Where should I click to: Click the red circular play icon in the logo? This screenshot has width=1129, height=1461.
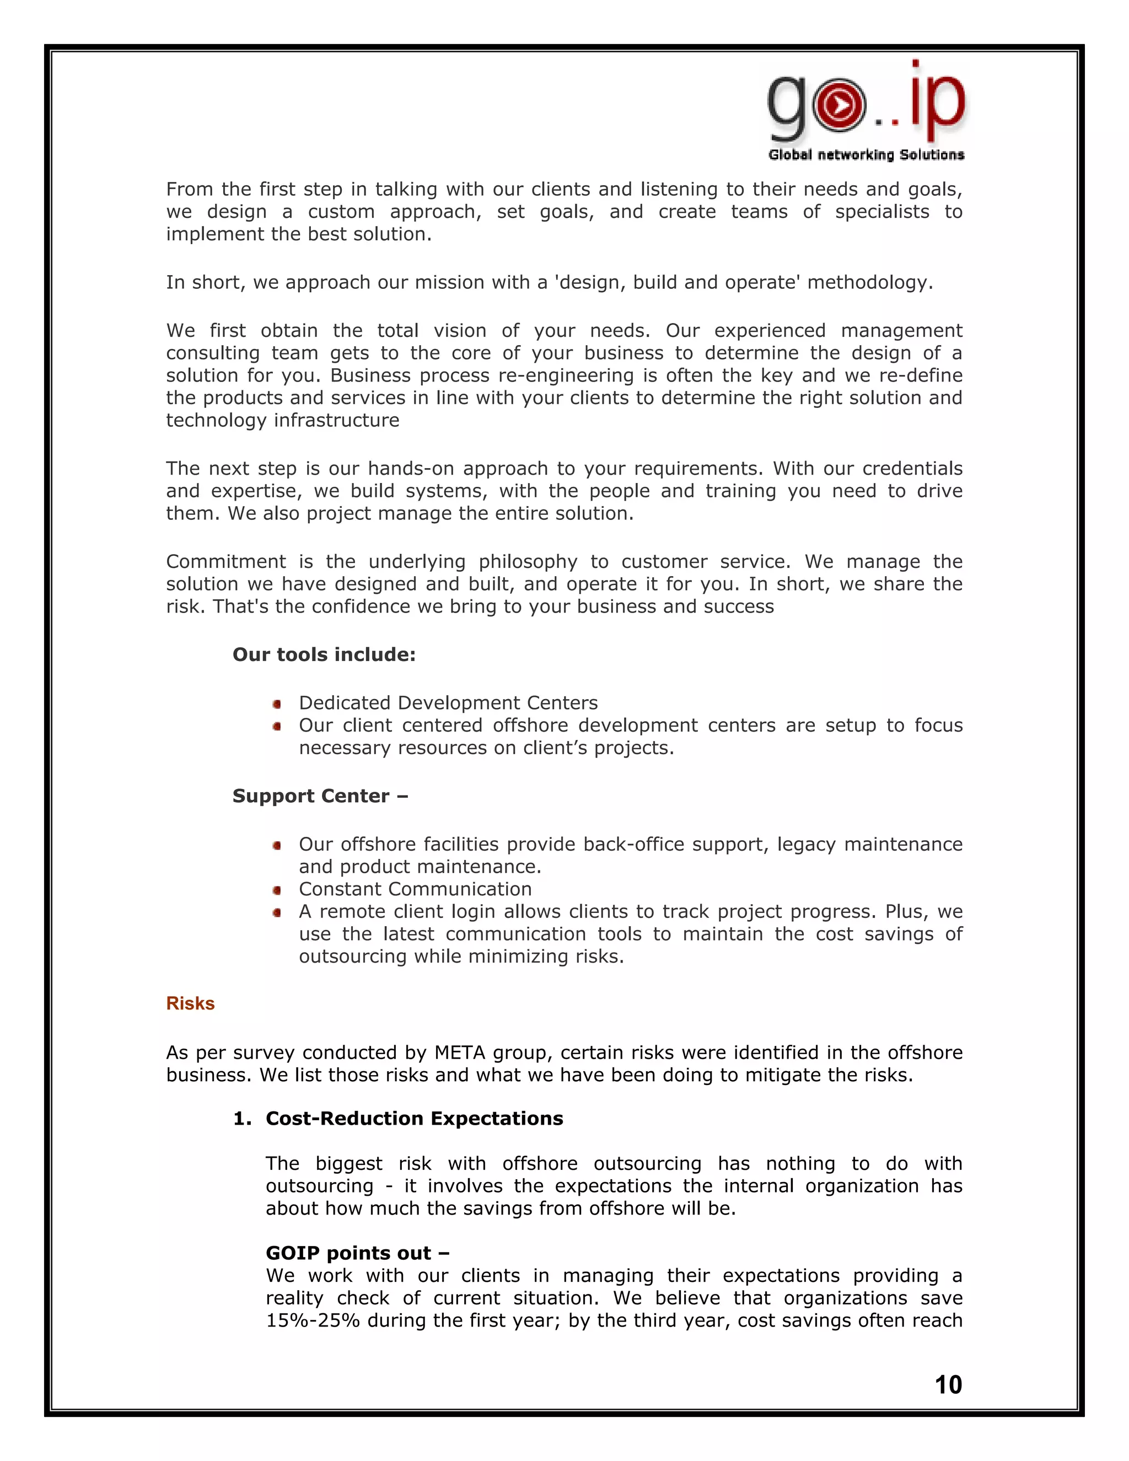[x=838, y=105]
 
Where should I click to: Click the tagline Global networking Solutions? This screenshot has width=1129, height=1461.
[x=866, y=154]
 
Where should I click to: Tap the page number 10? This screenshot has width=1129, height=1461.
[x=948, y=1384]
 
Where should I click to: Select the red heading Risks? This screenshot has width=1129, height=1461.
[x=190, y=1003]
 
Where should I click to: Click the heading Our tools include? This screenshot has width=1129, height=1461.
[x=324, y=654]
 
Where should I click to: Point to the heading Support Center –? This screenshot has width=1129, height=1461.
[x=320, y=796]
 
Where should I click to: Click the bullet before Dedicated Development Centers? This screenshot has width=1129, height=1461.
[x=277, y=703]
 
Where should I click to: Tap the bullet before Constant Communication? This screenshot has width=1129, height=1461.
[x=277, y=890]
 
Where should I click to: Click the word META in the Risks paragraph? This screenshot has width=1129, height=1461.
[x=460, y=1052]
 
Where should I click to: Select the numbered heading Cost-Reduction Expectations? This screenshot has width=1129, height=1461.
[x=414, y=1119]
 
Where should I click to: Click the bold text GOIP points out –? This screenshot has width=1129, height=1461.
[x=357, y=1253]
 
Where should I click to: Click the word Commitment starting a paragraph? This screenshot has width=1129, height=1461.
[x=225, y=561]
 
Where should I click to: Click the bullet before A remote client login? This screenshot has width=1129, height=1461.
[x=277, y=912]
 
